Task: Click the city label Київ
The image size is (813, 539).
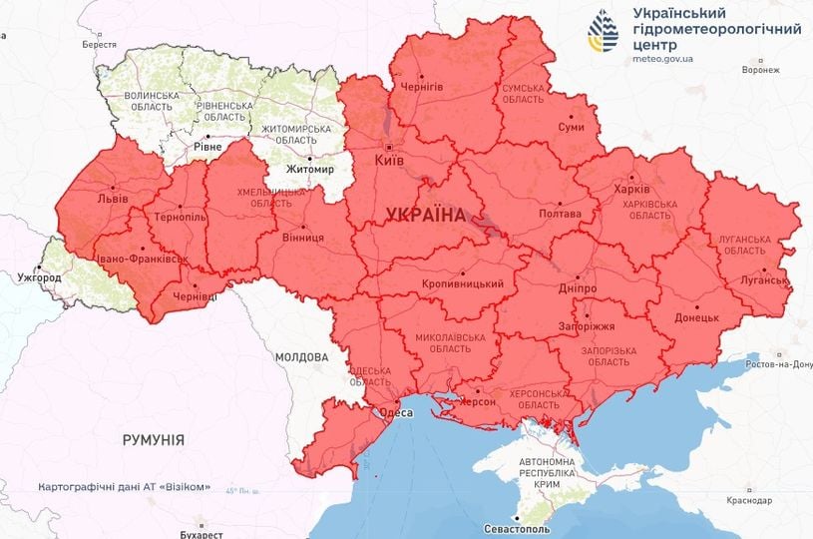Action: [x=390, y=160]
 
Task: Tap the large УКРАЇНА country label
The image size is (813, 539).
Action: [x=426, y=216]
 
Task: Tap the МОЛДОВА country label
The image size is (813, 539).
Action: [x=301, y=356]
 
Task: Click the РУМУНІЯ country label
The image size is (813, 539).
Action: [x=153, y=439]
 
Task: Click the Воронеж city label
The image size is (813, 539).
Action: [x=761, y=71]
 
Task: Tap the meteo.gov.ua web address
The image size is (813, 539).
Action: [x=662, y=59]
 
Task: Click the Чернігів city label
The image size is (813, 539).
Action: [x=422, y=87]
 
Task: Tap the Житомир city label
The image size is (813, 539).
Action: [x=310, y=170]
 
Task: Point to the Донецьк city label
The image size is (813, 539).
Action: [x=696, y=316]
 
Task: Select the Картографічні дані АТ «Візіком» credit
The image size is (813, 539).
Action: [x=124, y=487]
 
